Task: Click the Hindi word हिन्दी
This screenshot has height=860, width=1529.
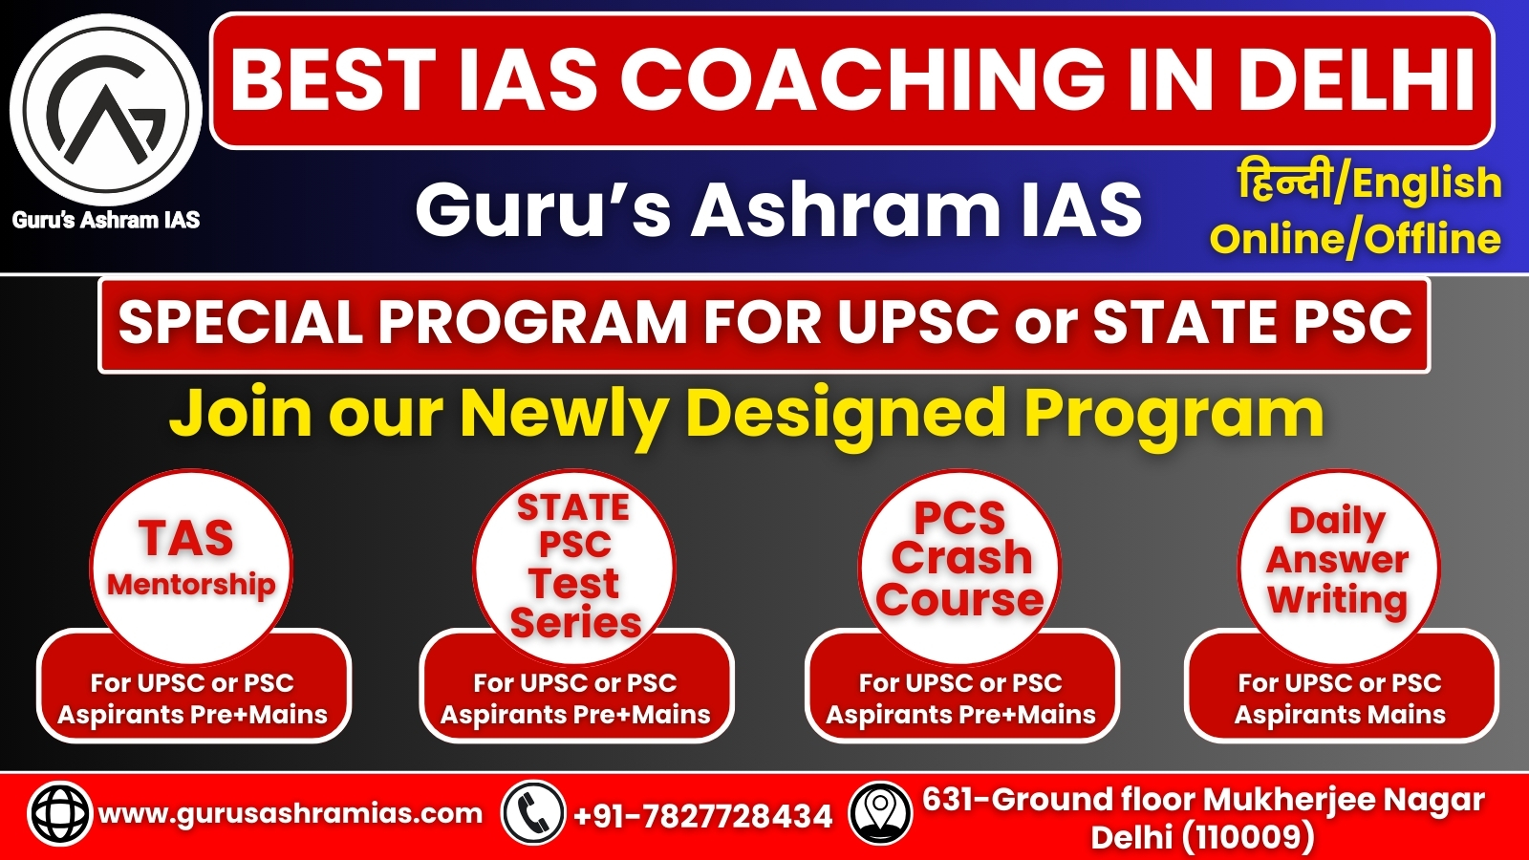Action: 1284,181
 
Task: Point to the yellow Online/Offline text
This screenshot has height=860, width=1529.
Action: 1355,240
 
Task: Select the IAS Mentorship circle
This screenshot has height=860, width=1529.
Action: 191,568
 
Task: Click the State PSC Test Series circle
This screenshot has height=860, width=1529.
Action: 574,568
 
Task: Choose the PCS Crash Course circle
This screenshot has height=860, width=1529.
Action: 959,568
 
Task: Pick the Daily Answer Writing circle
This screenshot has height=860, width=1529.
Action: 1339,568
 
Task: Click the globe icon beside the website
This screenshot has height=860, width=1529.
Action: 59,813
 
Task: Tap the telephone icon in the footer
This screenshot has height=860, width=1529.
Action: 533,813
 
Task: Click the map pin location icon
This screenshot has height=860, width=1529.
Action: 880,813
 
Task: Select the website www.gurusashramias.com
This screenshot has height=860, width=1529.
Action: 291,813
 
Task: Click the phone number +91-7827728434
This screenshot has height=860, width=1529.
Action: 703,816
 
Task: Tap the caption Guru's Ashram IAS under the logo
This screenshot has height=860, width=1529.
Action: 106,220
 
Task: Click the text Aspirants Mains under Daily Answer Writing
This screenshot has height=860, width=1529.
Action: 1340,715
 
